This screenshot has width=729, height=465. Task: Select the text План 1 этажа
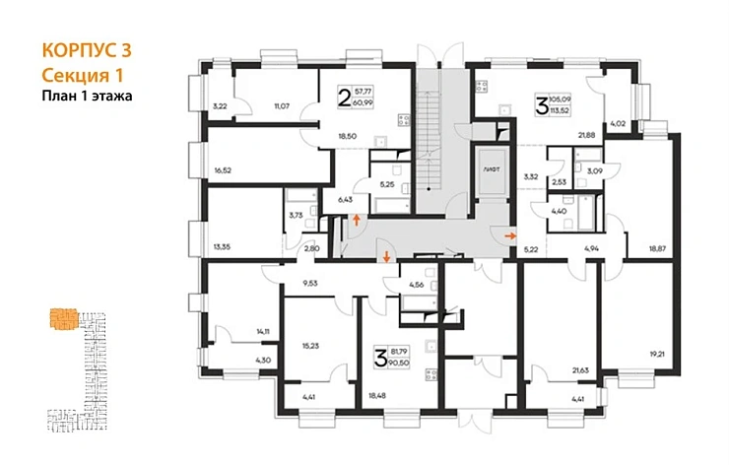87,96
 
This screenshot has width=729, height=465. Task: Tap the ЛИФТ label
490,169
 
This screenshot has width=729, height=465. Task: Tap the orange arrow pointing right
508,236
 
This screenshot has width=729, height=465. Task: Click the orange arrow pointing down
385,258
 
